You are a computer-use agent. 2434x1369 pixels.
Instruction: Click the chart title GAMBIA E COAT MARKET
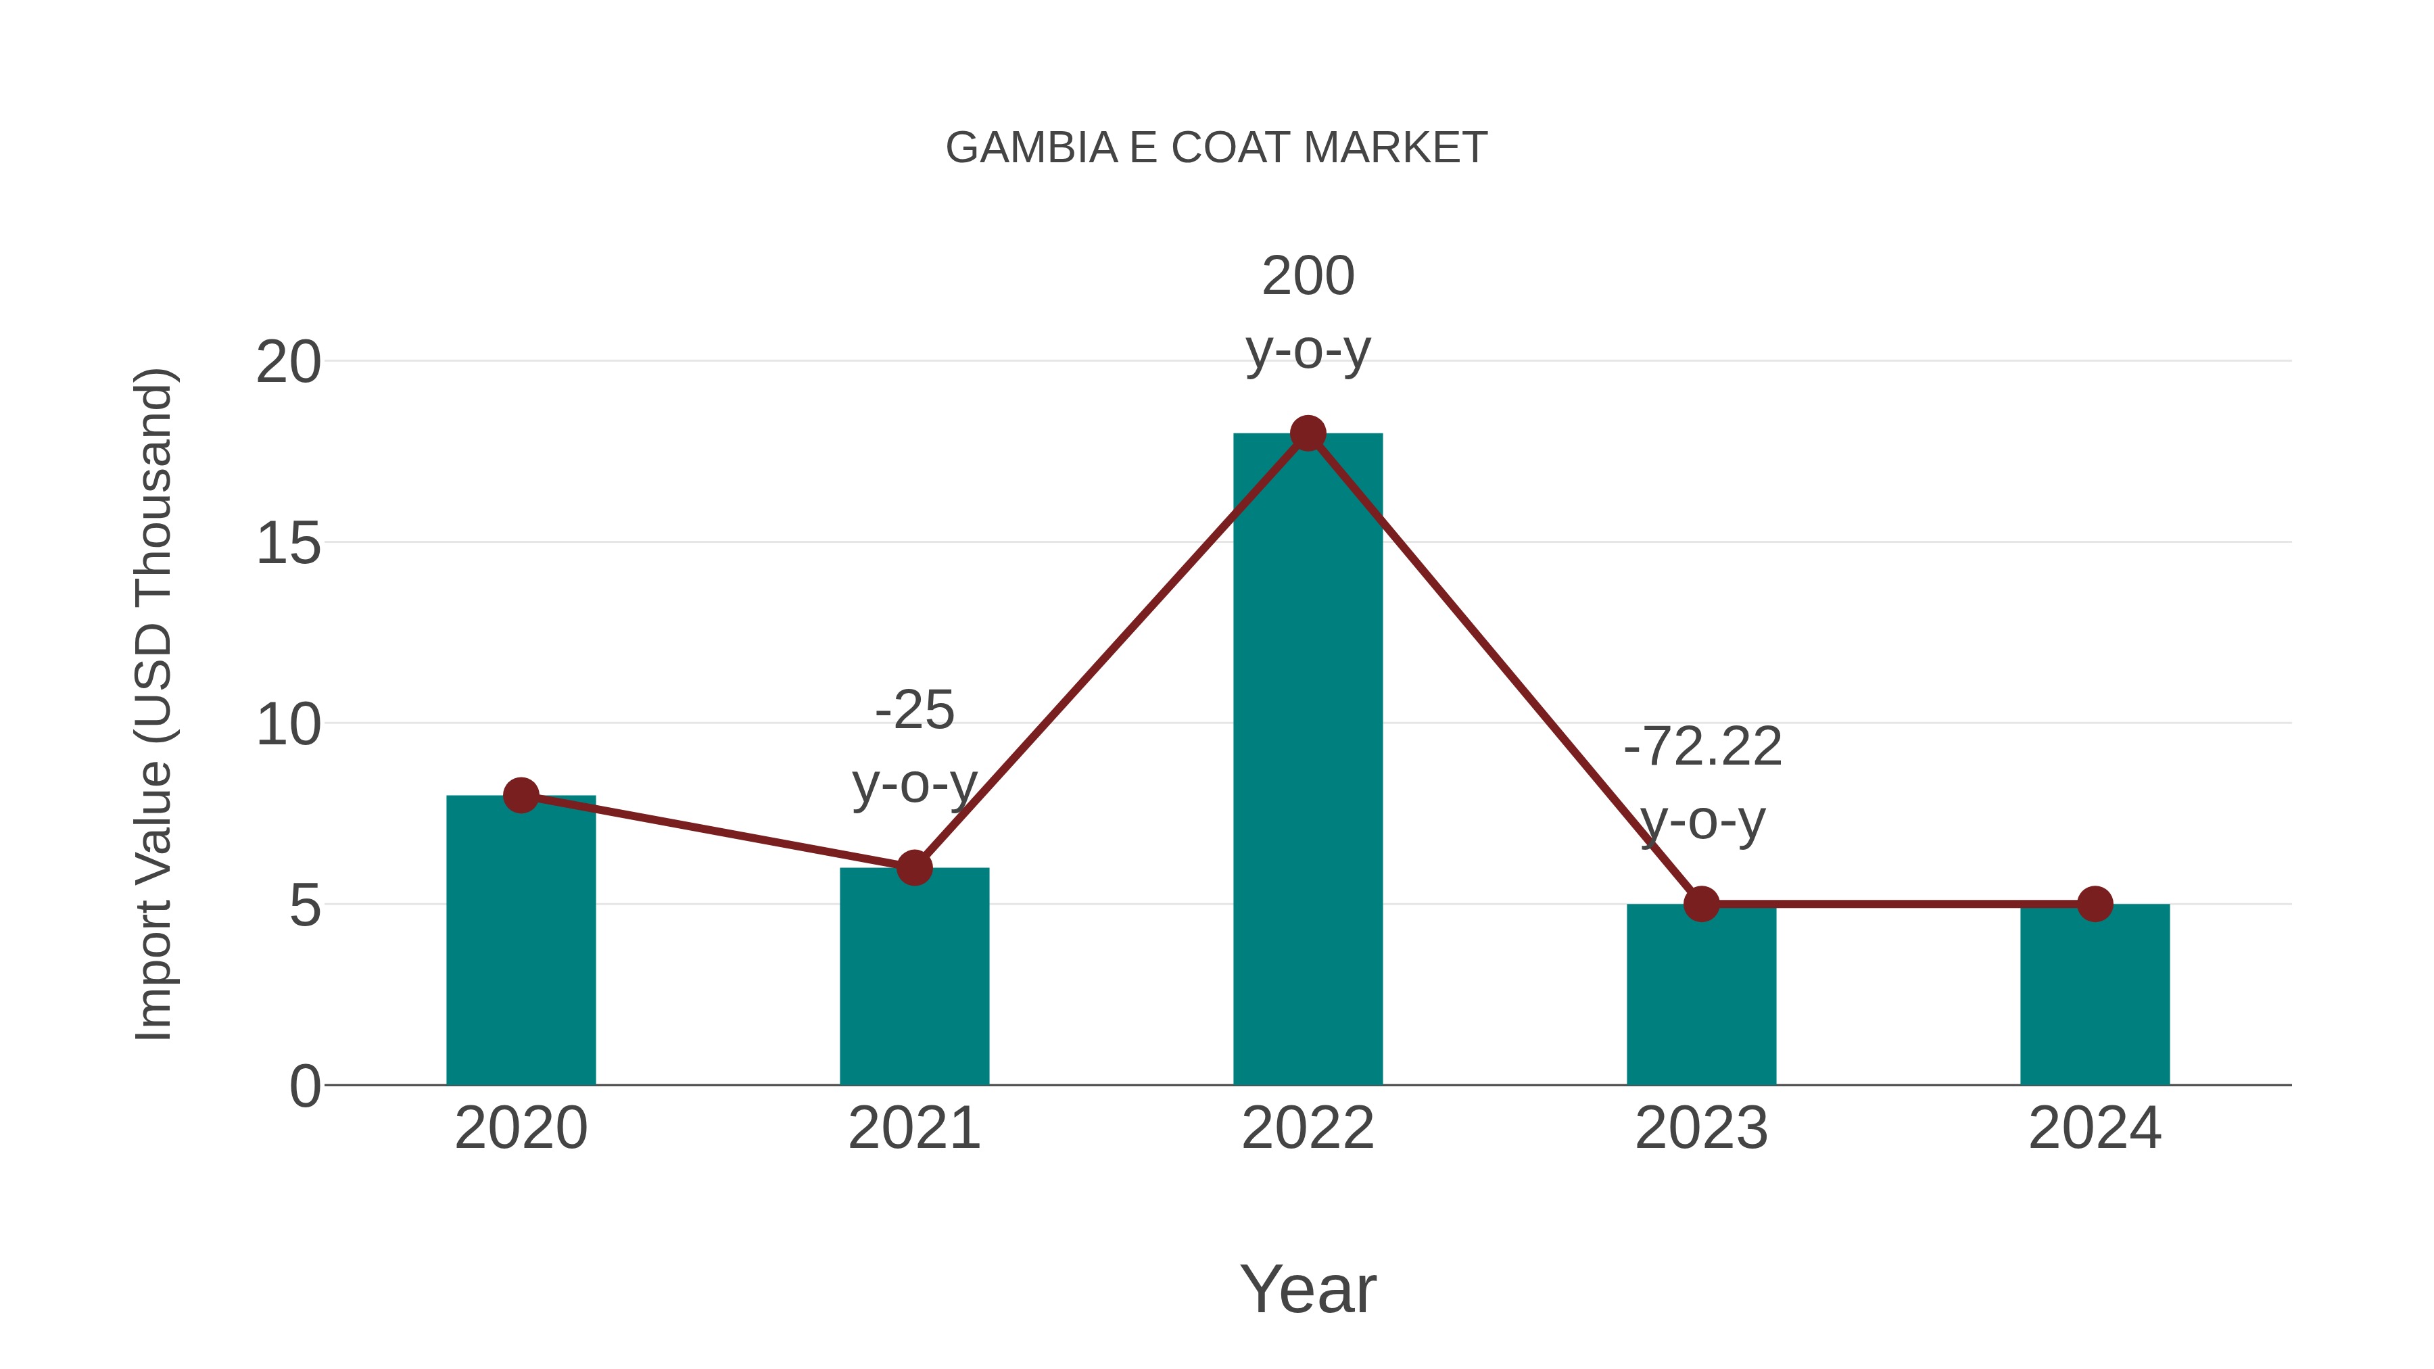1216,148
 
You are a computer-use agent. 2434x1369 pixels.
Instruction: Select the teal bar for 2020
521,945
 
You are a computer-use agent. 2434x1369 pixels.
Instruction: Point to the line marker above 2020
521,796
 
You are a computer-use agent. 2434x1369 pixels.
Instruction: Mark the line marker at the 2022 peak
1308,433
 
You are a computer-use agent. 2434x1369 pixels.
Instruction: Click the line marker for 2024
2095,904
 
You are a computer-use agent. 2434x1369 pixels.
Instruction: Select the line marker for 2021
913,867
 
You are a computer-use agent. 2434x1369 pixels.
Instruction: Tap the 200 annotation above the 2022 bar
1308,276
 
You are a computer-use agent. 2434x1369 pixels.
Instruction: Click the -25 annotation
913,711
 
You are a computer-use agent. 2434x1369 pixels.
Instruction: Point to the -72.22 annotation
1702,747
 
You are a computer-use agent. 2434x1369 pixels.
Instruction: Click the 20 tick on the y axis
288,362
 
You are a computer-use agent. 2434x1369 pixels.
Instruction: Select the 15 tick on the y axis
288,544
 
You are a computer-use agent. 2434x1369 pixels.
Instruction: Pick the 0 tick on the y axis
304,1086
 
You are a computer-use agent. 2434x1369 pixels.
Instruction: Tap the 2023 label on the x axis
1701,1128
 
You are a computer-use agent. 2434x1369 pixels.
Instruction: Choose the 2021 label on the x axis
913,1128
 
